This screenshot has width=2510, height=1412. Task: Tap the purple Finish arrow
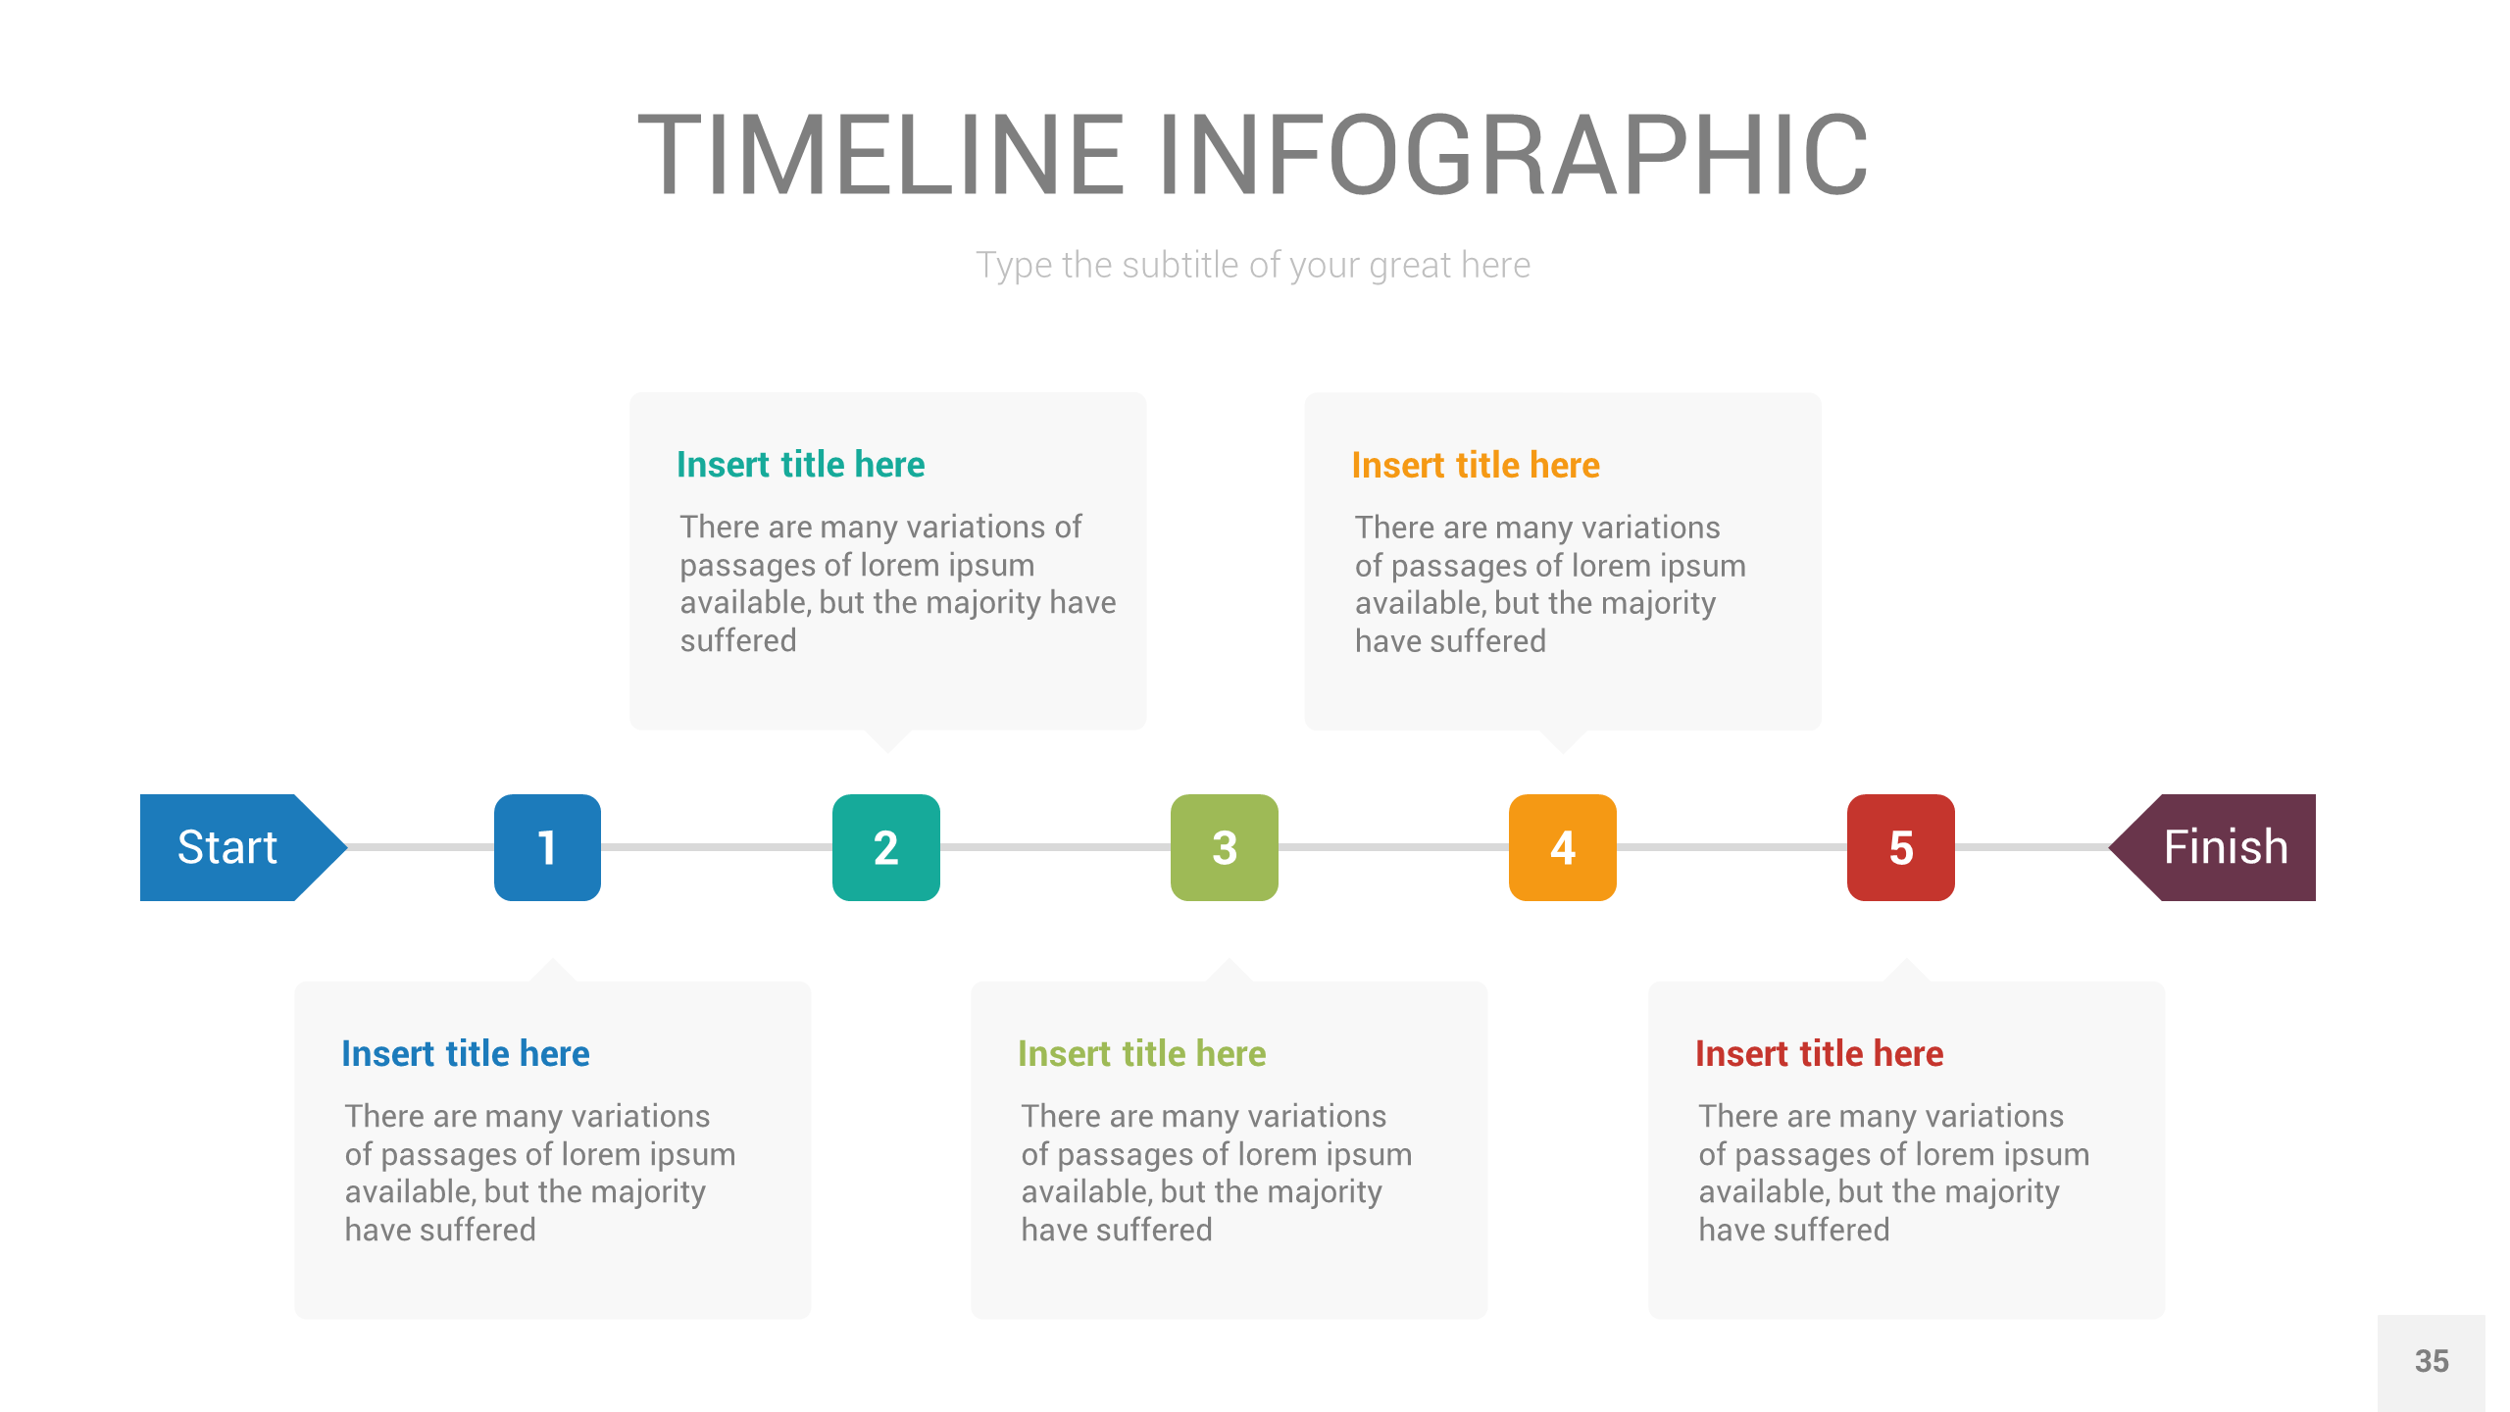2221,847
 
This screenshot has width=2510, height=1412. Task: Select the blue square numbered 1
547,847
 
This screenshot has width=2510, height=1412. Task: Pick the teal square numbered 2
885,847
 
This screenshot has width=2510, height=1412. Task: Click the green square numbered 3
1224,847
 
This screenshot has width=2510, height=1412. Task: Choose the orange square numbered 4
1562,847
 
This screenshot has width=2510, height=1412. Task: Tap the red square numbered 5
1900,847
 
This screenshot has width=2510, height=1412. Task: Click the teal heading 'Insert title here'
800,465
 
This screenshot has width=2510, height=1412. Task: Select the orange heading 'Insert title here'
1475,466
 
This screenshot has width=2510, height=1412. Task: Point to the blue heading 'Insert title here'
465,1054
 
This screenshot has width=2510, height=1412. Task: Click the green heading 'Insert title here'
1141,1054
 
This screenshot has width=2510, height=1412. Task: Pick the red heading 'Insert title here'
1819,1054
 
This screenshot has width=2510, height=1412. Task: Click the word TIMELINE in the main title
880,155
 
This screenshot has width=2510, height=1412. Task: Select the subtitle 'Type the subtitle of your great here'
1253,266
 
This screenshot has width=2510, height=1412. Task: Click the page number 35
2431,1362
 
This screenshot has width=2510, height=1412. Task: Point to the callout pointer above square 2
887,739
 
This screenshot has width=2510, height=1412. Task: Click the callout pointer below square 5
1906,971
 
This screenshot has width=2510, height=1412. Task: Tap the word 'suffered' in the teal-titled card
738,641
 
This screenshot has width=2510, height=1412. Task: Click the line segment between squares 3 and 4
1392,847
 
